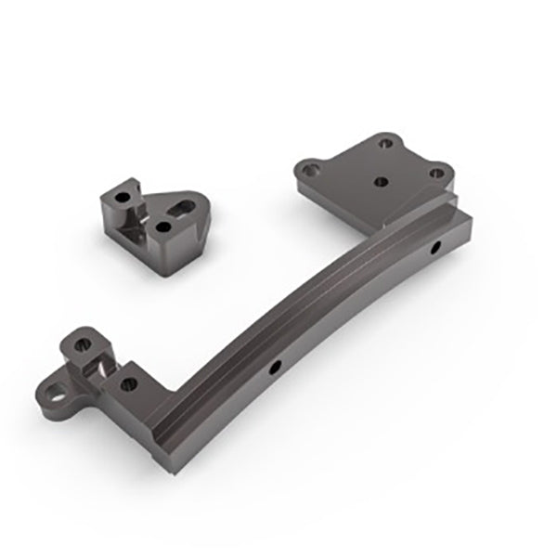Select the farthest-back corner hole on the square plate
coord(383,144)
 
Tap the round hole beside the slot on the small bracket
coord(164,225)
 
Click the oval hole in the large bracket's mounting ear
coord(59,383)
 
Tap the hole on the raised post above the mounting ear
coord(82,344)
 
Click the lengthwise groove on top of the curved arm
coord(306,316)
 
